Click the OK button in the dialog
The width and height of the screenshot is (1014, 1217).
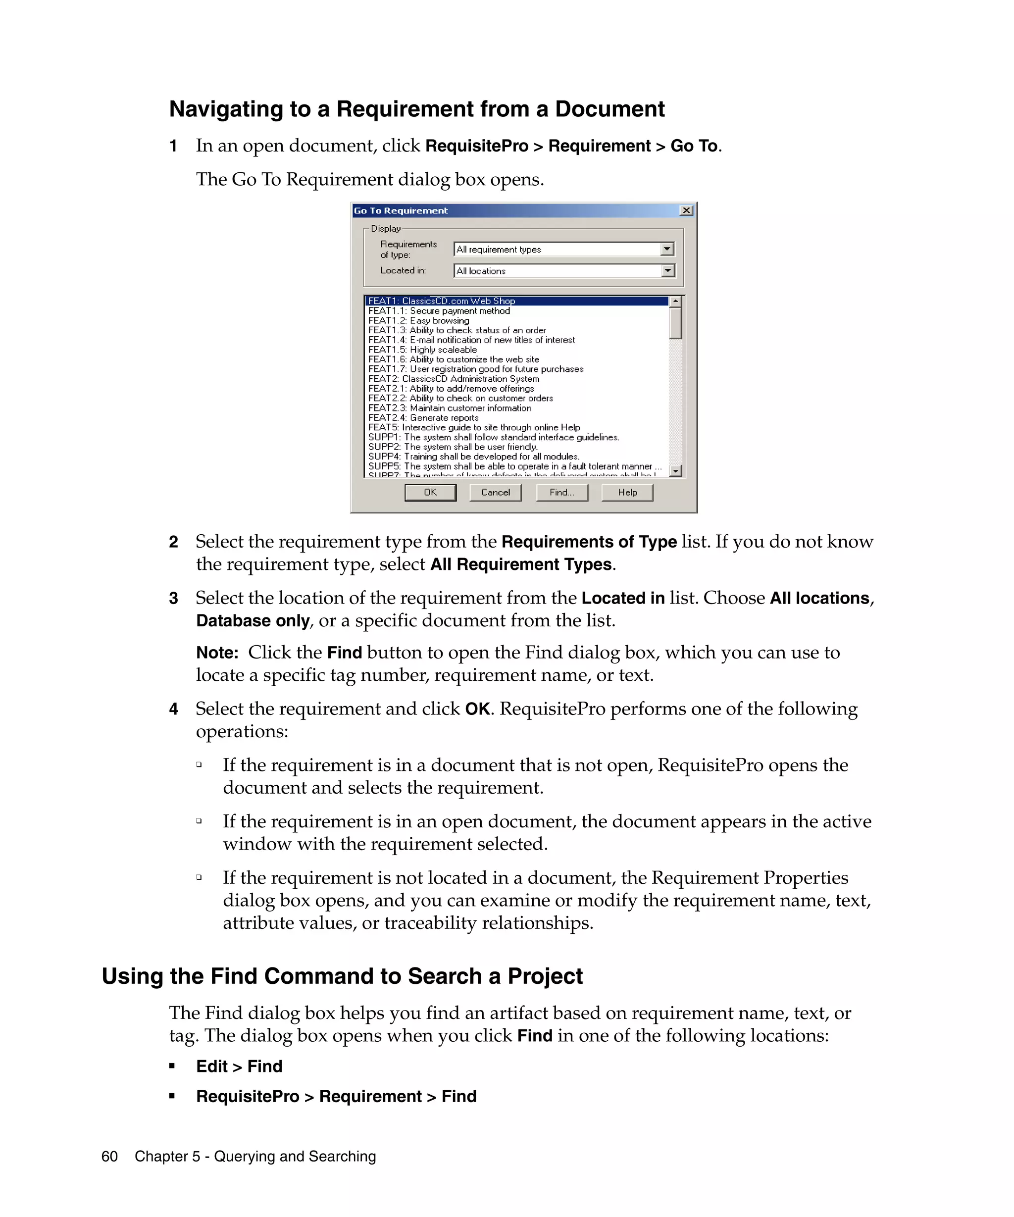(x=430, y=492)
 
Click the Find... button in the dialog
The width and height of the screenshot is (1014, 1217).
(x=561, y=492)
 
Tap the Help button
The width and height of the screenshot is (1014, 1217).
(x=627, y=492)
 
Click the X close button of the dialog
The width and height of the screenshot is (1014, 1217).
(x=686, y=210)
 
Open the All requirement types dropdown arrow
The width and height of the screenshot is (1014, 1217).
(x=667, y=249)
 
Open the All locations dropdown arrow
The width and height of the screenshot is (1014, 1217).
(x=667, y=271)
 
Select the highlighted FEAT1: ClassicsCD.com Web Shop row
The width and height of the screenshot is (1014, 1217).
(x=442, y=301)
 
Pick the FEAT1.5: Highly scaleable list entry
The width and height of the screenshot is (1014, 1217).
(x=422, y=350)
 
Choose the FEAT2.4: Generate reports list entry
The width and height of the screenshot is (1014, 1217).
(x=423, y=417)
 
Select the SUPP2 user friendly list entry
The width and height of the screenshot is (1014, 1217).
(x=453, y=447)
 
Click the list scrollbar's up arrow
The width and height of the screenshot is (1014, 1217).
(x=676, y=302)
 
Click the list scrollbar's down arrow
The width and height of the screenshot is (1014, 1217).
(x=676, y=470)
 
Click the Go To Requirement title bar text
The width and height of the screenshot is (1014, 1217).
(x=401, y=210)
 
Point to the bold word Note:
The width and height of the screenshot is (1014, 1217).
(x=217, y=653)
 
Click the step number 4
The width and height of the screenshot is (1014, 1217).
(x=173, y=709)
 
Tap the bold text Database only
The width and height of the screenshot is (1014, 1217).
(x=253, y=621)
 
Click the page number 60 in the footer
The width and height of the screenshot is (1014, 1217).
(x=109, y=1156)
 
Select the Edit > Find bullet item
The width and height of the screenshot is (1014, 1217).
(x=239, y=1066)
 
